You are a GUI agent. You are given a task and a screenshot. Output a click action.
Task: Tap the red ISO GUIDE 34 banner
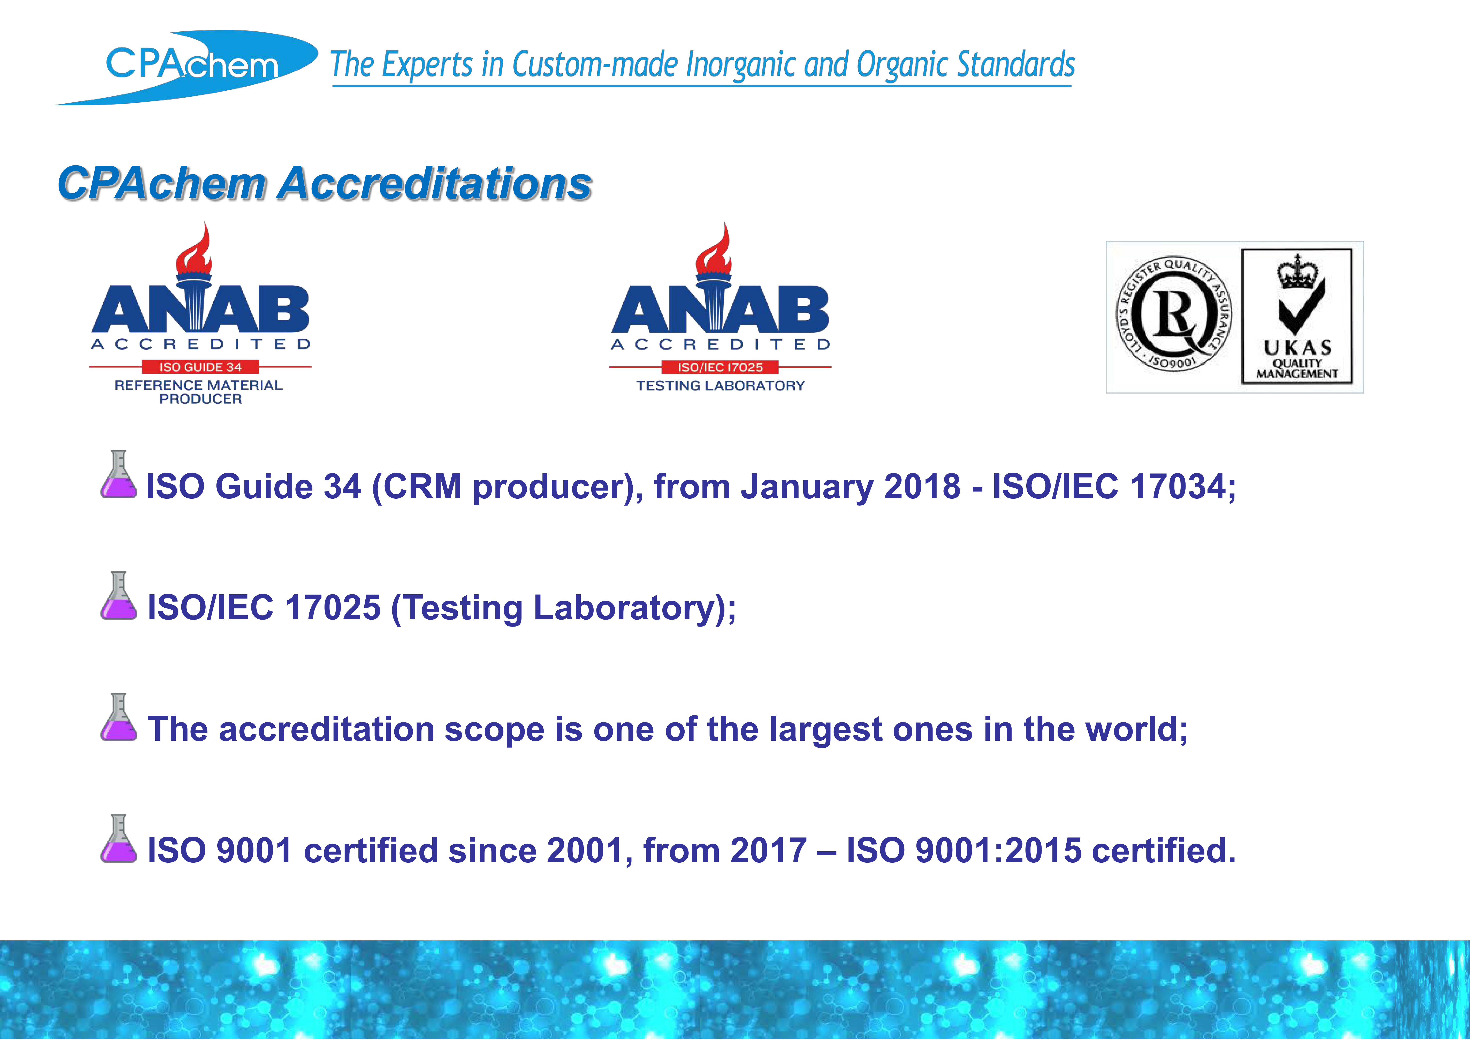[x=200, y=367]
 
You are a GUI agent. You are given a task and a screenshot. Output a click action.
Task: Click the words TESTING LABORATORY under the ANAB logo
[x=721, y=386]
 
